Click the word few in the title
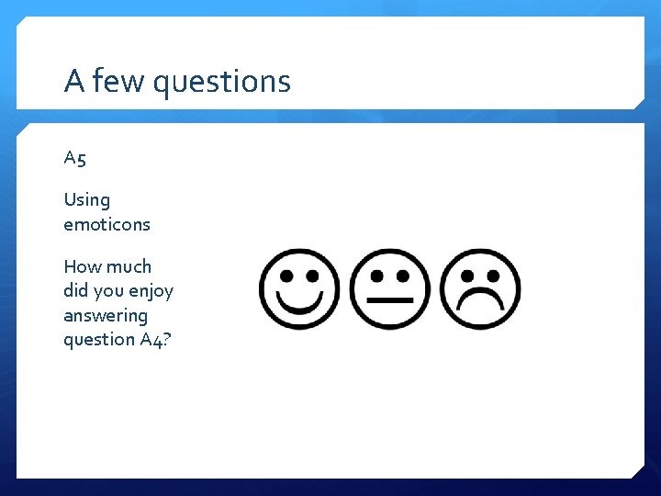point(118,82)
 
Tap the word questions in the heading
point(221,83)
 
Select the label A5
point(75,158)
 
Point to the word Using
point(86,200)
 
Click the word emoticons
point(106,224)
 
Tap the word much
point(129,266)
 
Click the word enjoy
point(151,292)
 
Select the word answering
point(105,316)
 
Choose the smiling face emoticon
point(299,289)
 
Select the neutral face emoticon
point(390,289)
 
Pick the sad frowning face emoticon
point(481,289)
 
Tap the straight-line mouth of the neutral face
point(390,300)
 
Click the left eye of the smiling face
point(286,275)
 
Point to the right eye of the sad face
point(494,275)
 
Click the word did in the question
point(77,291)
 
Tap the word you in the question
point(110,292)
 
